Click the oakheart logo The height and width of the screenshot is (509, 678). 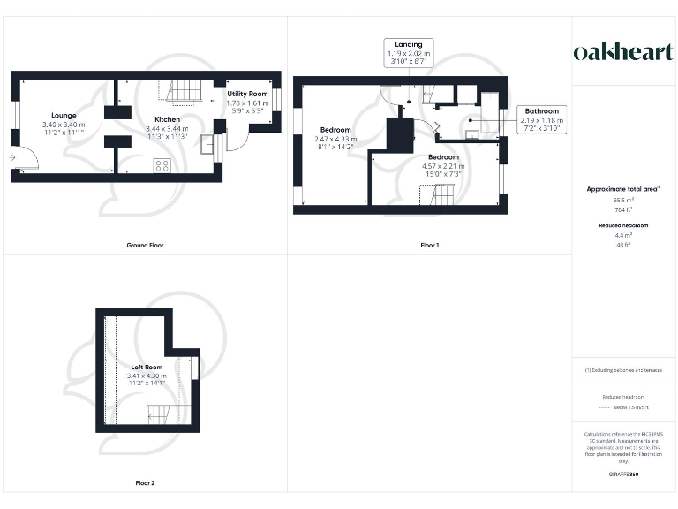624,52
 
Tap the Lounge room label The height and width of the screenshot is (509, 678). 64,116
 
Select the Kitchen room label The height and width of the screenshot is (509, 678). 168,119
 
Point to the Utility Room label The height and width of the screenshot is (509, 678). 247,93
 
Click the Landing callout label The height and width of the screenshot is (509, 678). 409,44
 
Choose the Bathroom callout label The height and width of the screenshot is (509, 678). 542,111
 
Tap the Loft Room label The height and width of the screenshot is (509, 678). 147,367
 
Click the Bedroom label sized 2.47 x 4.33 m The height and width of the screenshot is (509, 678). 335,130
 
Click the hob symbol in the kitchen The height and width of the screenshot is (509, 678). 162,165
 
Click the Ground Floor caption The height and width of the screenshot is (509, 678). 145,245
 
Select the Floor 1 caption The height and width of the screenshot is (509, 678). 429,245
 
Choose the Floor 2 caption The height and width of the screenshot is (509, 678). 145,483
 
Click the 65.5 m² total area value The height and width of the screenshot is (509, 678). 624,201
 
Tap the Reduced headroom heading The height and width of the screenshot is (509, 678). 624,225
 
